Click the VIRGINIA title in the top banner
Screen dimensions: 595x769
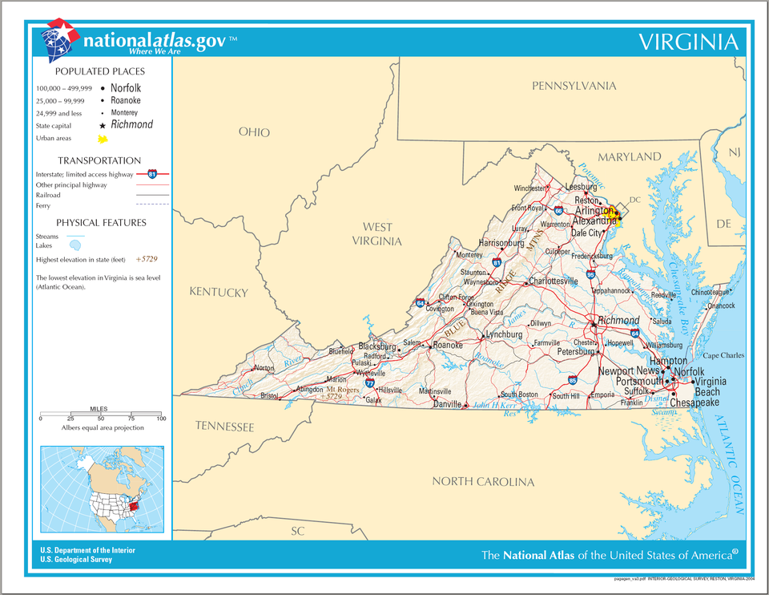click(687, 42)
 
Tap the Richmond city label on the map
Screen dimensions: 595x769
click(618, 321)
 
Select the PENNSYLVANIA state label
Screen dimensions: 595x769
click(574, 86)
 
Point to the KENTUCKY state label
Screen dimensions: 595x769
click(219, 293)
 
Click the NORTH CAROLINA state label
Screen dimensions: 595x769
click(483, 482)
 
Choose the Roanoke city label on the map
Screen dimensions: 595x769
click(448, 345)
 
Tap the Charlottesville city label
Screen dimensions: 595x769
click(554, 281)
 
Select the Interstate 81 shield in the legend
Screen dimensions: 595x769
click(152, 173)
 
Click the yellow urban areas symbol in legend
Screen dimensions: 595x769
click(103, 139)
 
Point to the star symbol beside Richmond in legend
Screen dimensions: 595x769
click(103, 126)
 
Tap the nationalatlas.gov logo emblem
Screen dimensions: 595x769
click(61, 40)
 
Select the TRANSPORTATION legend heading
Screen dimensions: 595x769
click(99, 160)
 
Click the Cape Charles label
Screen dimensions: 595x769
click(723, 355)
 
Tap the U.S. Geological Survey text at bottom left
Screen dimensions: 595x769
click(77, 560)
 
